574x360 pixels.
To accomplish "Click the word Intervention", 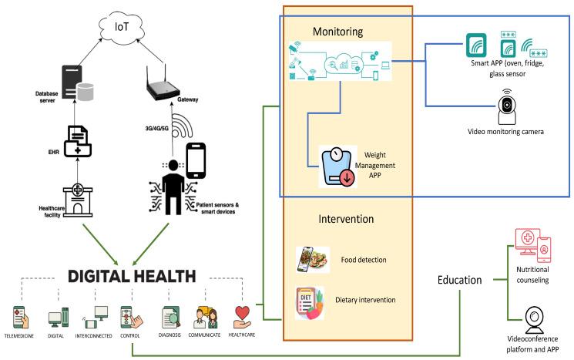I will pos(346,220).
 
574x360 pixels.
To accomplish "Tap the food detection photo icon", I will pos(312,258).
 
